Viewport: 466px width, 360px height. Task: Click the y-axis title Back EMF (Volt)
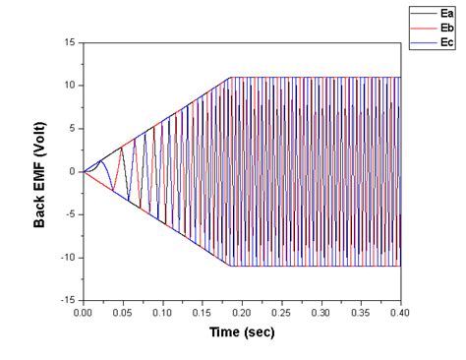(x=40, y=171)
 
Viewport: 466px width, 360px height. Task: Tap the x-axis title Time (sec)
(x=241, y=332)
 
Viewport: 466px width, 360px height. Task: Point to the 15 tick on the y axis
(x=70, y=42)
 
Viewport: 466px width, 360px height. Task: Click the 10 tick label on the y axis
(x=70, y=86)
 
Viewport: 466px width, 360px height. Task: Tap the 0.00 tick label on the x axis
(x=83, y=313)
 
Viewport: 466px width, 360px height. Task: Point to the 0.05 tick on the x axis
(x=122, y=313)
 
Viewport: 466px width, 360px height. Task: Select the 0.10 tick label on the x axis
(x=162, y=313)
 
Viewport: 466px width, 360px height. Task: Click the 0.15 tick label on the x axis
(x=202, y=313)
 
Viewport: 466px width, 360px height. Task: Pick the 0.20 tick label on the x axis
(x=241, y=313)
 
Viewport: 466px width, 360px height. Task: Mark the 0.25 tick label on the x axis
(x=281, y=313)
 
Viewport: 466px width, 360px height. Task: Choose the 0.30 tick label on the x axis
(x=320, y=313)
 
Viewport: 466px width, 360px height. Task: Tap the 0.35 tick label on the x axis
(x=360, y=313)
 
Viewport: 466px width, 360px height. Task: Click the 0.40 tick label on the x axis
(x=399, y=313)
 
